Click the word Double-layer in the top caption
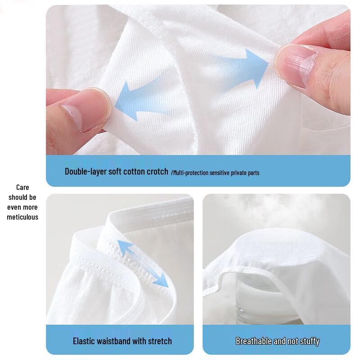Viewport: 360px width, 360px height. click(85, 171)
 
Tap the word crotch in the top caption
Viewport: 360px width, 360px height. click(156, 171)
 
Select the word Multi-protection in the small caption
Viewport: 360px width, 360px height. click(188, 173)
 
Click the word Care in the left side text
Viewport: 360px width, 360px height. click(22, 187)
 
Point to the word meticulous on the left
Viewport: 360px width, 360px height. click(22, 217)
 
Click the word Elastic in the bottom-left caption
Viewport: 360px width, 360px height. click(85, 341)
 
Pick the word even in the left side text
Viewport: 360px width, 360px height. click(22, 207)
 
